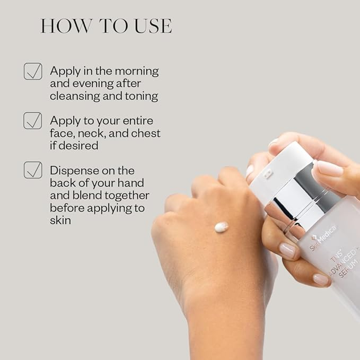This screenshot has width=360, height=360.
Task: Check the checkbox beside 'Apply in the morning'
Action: click(x=33, y=71)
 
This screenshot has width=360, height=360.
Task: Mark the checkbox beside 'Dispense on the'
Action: click(x=33, y=170)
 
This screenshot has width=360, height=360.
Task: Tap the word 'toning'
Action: click(x=141, y=96)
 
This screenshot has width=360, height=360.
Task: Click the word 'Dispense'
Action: click(x=74, y=170)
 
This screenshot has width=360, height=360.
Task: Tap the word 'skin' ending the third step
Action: click(x=60, y=219)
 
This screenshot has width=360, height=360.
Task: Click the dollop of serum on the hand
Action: click(x=221, y=227)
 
